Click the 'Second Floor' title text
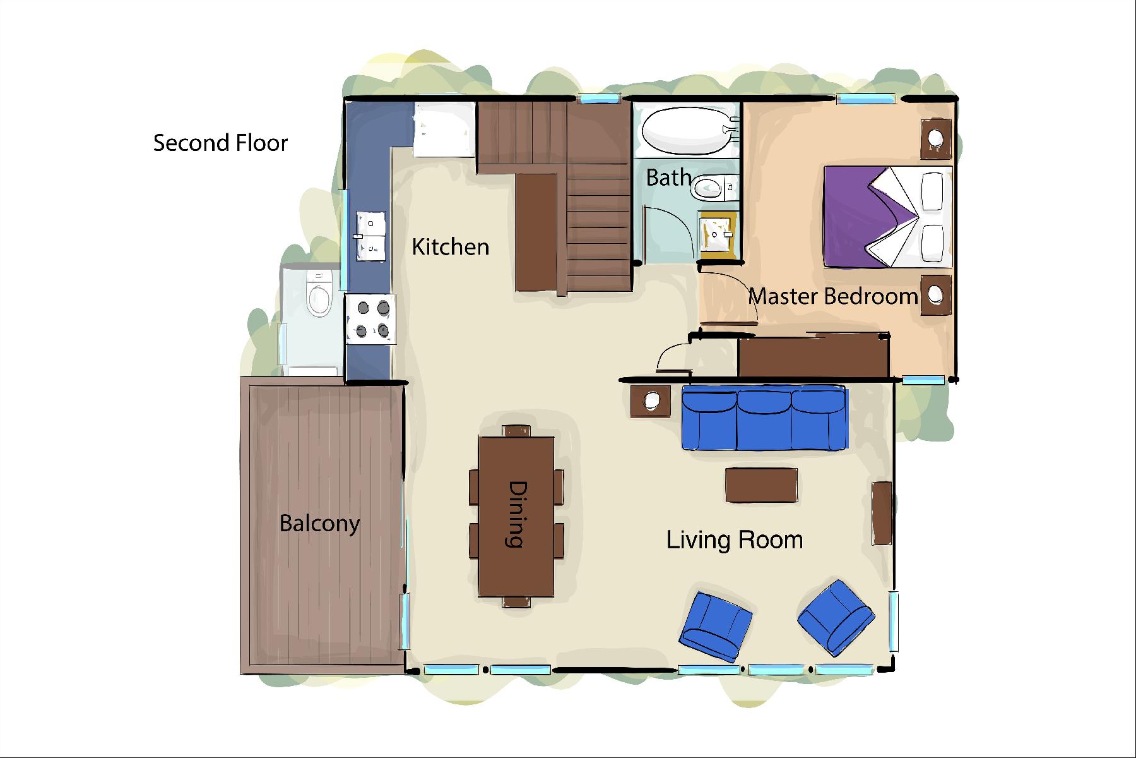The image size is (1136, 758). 220,143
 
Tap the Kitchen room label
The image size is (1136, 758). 451,246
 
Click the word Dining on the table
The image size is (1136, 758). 517,514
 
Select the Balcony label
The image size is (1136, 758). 319,524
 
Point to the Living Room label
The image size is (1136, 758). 735,539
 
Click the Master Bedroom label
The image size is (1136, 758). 833,296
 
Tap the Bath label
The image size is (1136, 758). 668,177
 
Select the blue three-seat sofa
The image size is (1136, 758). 764,418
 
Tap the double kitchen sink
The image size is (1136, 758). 370,236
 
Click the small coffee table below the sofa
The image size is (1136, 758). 761,485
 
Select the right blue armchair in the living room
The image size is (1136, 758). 836,617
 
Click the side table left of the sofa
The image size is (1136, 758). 651,400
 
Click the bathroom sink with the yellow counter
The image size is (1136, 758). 716,234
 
